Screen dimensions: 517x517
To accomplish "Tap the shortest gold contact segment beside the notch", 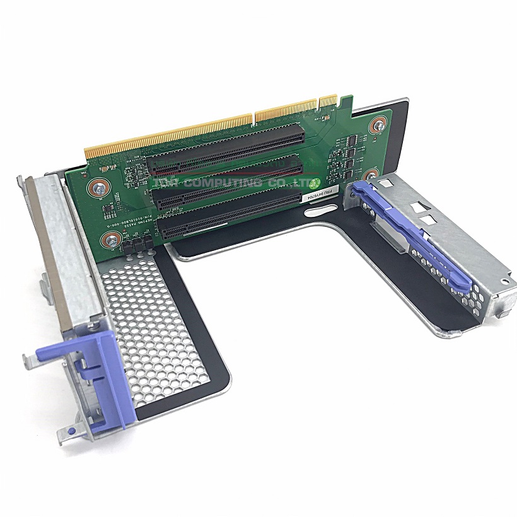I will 328,101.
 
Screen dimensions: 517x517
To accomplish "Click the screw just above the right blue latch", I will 371,175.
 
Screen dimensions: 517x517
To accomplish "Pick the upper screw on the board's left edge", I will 99,187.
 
